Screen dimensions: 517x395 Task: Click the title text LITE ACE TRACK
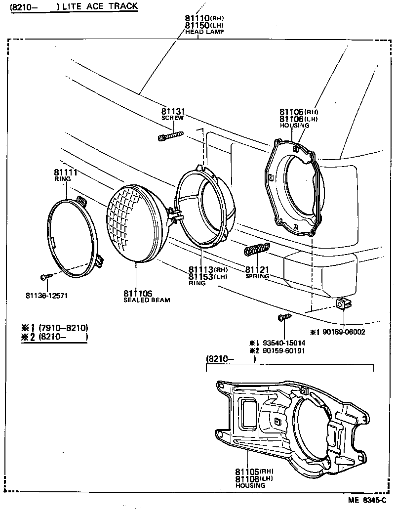click(x=100, y=6)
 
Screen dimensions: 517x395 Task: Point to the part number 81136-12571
click(x=46, y=296)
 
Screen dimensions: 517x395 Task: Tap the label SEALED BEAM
click(x=147, y=300)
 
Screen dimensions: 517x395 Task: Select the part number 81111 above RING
click(x=64, y=172)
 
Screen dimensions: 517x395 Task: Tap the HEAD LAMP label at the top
click(x=204, y=32)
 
